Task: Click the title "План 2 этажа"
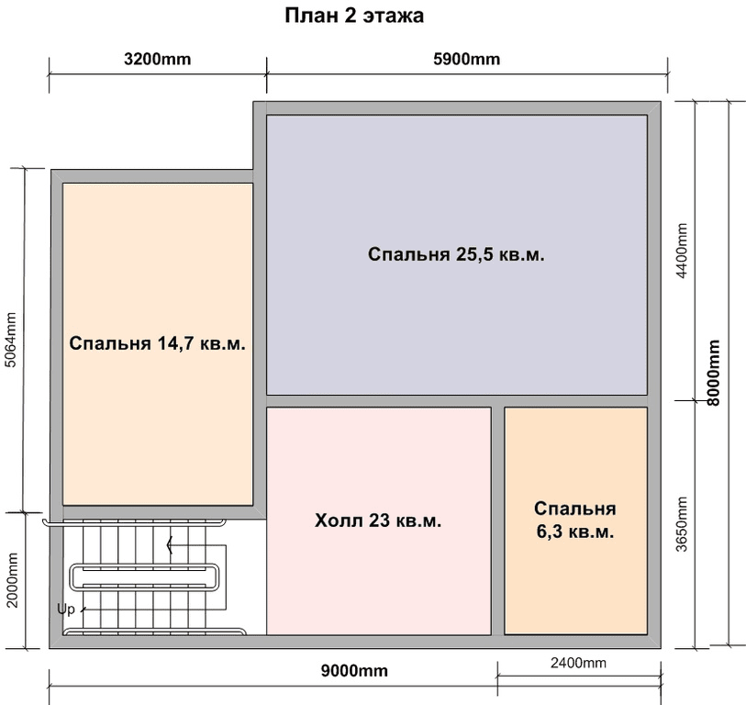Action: pos(354,16)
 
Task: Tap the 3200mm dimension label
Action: pos(158,59)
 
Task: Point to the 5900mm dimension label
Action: pos(467,59)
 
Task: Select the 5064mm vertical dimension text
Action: pos(11,340)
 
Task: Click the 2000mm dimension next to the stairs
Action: pos(12,580)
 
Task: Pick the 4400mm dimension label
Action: pos(682,251)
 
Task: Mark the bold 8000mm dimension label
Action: pos(714,373)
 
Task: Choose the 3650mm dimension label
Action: pos(682,523)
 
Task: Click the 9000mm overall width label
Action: pos(354,671)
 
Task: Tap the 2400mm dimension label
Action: pos(578,663)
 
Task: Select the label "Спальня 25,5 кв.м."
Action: pos(456,254)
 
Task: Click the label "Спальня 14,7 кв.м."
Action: pos(158,343)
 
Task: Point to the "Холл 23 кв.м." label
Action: pos(378,520)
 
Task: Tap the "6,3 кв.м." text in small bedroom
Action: pos(575,532)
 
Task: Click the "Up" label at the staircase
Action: pos(66,609)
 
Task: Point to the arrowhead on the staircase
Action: pos(169,545)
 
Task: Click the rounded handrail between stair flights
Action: pos(144,576)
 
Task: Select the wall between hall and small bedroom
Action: pos(497,520)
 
